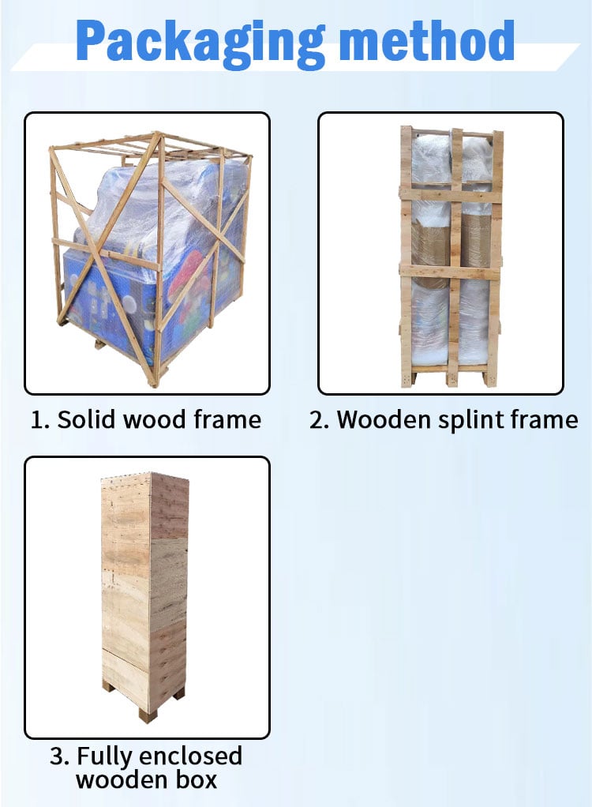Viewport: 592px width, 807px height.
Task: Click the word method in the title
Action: click(x=426, y=40)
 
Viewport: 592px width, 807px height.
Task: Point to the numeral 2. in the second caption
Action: click(x=319, y=420)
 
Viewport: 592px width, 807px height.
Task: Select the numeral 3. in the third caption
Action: click(x=60, y=756)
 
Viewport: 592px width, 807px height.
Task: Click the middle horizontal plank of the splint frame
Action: click(x=451, y=271)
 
